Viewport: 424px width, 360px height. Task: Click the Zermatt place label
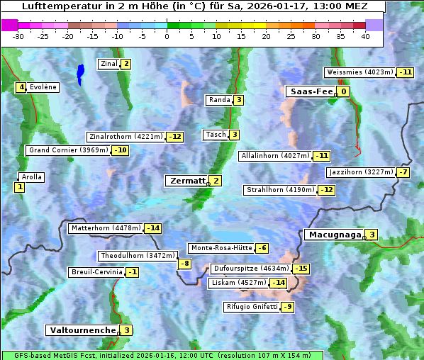(x=186, y=181)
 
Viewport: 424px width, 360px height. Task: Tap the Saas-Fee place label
(x=310, y=91)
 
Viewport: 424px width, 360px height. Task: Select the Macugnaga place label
(x=333, y=235)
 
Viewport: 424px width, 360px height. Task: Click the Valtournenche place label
(x=82, y=330)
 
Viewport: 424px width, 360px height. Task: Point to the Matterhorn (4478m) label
(x=105, y=228)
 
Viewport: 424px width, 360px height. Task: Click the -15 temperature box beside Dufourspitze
(x=301, y=269)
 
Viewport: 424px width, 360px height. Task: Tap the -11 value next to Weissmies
(x=406, y=72)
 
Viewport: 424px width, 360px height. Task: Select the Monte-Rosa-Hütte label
(x=221, y=248)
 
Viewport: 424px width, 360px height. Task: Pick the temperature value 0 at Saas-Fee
(x=344, y=91)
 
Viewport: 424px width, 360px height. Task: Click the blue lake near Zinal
(x=80, y=72)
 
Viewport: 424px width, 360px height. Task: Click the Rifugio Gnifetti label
(x=252, y=307)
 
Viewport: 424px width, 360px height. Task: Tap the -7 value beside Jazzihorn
(x=403, y=172)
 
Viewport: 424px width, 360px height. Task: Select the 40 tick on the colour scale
(x=365, y=36)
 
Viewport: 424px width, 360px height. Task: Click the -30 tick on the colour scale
(x=18, y=36)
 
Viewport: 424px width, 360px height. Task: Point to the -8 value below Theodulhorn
(x=184, y=264)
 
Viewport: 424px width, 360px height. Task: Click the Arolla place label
(x=32, y=177)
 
